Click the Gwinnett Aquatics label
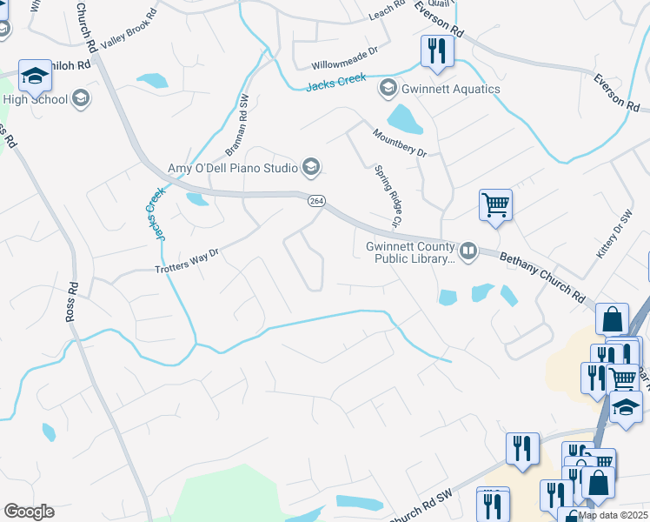tap(451, 89)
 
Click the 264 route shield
tap(316, 201)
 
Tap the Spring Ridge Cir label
tap(387, 197)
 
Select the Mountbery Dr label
tap(400, 143)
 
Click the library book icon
tap(468, 251)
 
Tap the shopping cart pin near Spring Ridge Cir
tap(495, 206)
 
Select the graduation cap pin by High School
tap(35, 77)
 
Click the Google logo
tap(29, 512)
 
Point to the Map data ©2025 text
tap(613, 515)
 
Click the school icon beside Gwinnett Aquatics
tap(388, 89)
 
